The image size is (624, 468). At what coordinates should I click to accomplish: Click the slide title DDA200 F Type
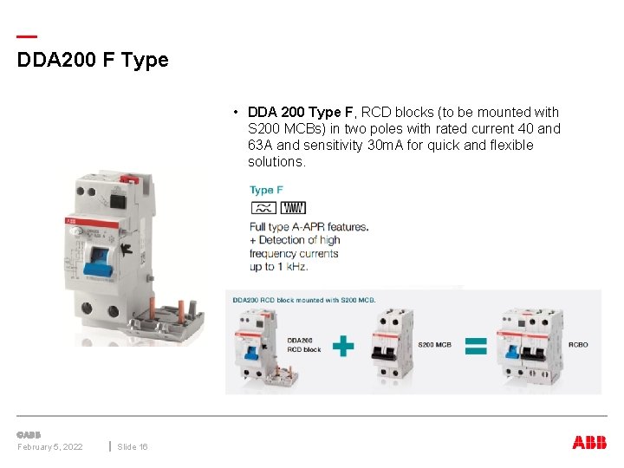click(x=93, y=61)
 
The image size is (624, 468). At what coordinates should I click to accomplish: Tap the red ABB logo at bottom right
click(x=589, y=442)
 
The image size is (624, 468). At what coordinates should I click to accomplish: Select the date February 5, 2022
click(x=50, y=446)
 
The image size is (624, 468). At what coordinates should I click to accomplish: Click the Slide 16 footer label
click(x=133, y=446)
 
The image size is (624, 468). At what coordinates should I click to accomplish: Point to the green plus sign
click(x=343, y=346)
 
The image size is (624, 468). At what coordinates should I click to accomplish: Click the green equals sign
click(x=475, y=346)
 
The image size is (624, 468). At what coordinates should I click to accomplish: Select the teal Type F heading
click(x=266, y=190)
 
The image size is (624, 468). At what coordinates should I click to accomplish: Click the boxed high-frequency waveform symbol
click(x=293, y=208)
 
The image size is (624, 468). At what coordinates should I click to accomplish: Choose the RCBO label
click(x=578, y=345)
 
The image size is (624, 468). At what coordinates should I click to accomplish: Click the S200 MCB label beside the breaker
click(x=434, y=345)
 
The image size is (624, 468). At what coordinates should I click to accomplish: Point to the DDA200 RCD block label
click(x=303, y=345)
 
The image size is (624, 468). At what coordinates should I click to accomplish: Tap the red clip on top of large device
click(x=128, y=178)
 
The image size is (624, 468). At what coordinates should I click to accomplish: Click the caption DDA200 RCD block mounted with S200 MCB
click(x=303, y=300)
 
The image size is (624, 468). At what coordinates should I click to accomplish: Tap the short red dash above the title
click(x=27, y=37)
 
